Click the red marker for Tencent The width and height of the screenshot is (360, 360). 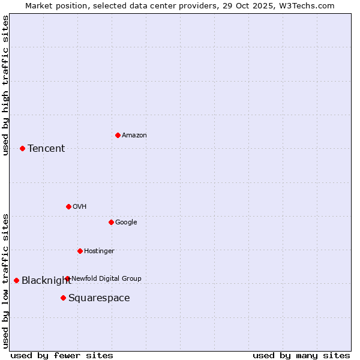coord(22,148)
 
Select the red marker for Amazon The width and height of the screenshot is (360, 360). coord(118,135)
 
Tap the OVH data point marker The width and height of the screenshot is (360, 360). coord(68,206)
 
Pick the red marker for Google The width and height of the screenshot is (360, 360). coord(111,222)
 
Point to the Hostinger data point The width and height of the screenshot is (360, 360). coord(80,251)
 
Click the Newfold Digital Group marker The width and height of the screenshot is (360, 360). coord(67,278)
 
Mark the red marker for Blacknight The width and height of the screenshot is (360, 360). coord(16,280)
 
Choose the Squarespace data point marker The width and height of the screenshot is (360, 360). coord(63,298)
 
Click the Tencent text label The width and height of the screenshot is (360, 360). coord(46,149)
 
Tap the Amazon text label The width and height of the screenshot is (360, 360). coord(134,136)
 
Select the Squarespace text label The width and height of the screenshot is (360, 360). coord(99,298)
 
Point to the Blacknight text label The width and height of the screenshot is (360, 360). coord(46,281)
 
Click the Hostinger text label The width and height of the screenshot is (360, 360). coord(99,251)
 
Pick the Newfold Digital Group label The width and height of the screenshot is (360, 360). coord(106,278)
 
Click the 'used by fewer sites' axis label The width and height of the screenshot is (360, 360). coord(62,355)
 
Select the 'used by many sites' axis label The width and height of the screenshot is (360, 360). coord(301,355)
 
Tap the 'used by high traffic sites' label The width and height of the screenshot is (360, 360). coord(6,85)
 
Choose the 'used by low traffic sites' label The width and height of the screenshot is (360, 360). coord(6,280)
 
